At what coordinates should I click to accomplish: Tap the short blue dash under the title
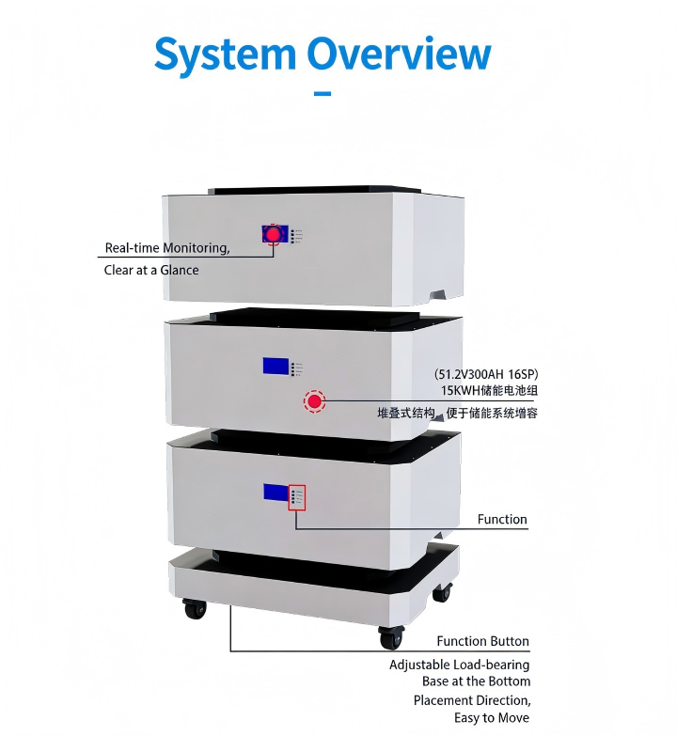[322, 93]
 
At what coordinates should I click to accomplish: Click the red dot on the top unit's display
[274, 234]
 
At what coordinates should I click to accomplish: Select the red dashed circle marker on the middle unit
[314, 402]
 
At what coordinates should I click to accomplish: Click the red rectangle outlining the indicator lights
[297, 496]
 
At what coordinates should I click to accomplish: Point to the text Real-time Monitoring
[166, 248]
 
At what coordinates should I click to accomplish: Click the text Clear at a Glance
[151, 271]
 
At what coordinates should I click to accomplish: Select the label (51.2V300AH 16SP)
[486, 373]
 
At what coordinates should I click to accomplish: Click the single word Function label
[502, 520]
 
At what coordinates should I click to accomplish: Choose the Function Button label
[482, 642]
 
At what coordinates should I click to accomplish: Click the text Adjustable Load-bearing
[460, 665]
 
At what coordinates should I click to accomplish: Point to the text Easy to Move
[492, 719]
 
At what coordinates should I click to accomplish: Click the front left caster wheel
[195, 608]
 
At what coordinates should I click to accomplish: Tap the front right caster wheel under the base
[391, 638]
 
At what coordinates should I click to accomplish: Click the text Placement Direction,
[472, 701]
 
